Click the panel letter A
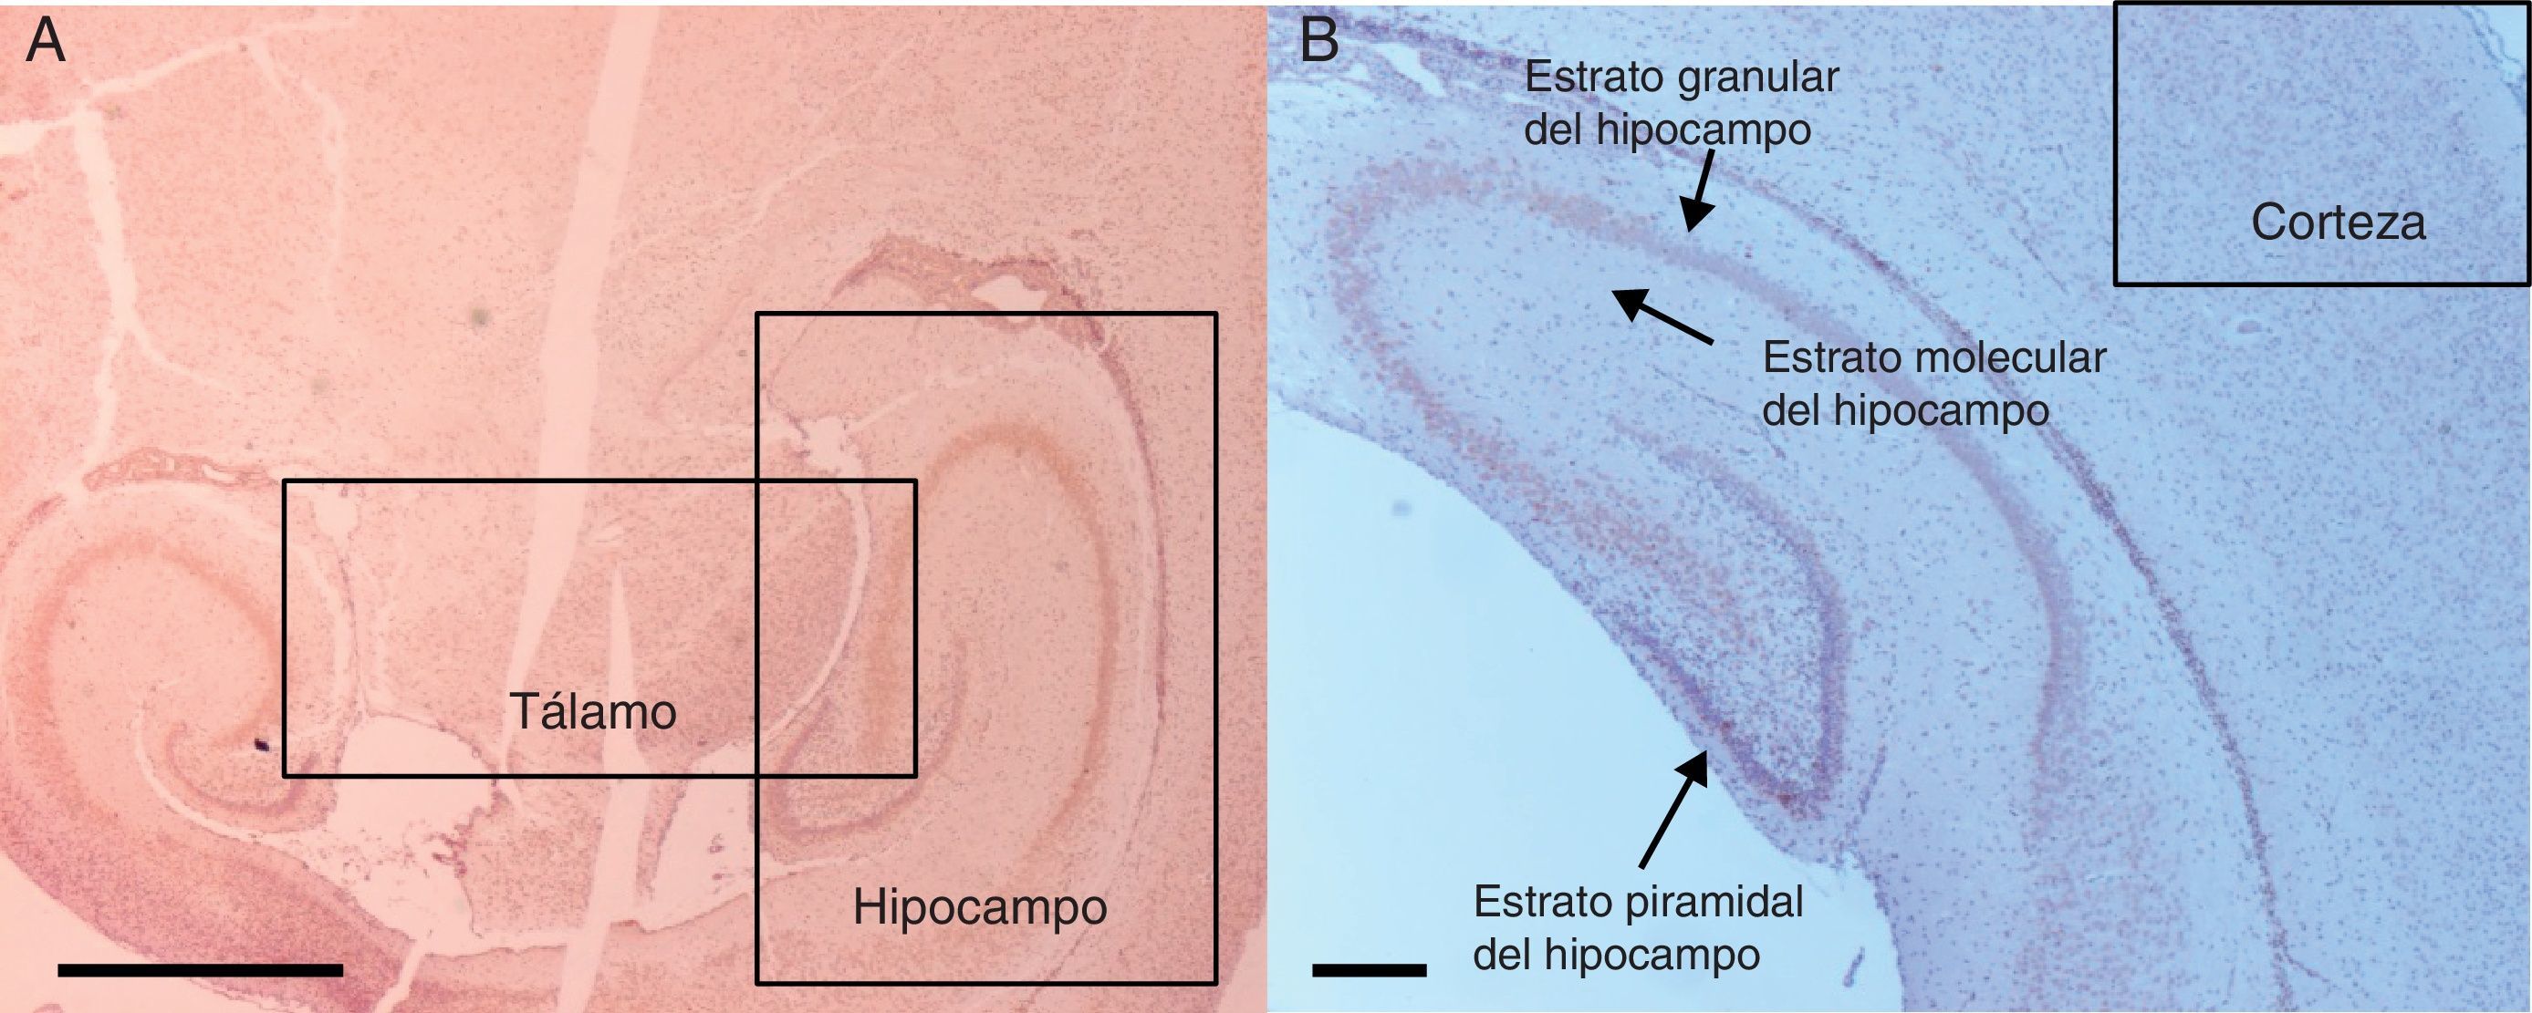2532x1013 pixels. pos(46,43)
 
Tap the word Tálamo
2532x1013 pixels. pos(593,711)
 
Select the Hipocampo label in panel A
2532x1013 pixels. pos(979,907)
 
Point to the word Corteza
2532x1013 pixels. pos(2338,223)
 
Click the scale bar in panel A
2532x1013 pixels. pos(201,970)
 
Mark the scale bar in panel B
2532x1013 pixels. pos(1370,970)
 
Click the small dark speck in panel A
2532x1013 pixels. pos(262,745)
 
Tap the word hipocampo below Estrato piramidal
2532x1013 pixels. pos(1652,955)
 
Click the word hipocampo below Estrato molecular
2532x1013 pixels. pos(1942,410)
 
